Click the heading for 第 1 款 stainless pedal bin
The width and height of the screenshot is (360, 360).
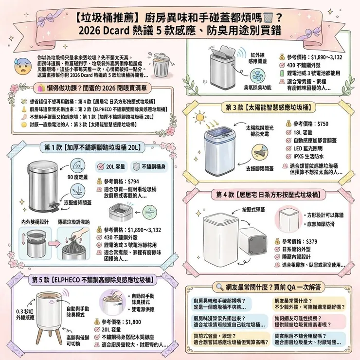point(92,148)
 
